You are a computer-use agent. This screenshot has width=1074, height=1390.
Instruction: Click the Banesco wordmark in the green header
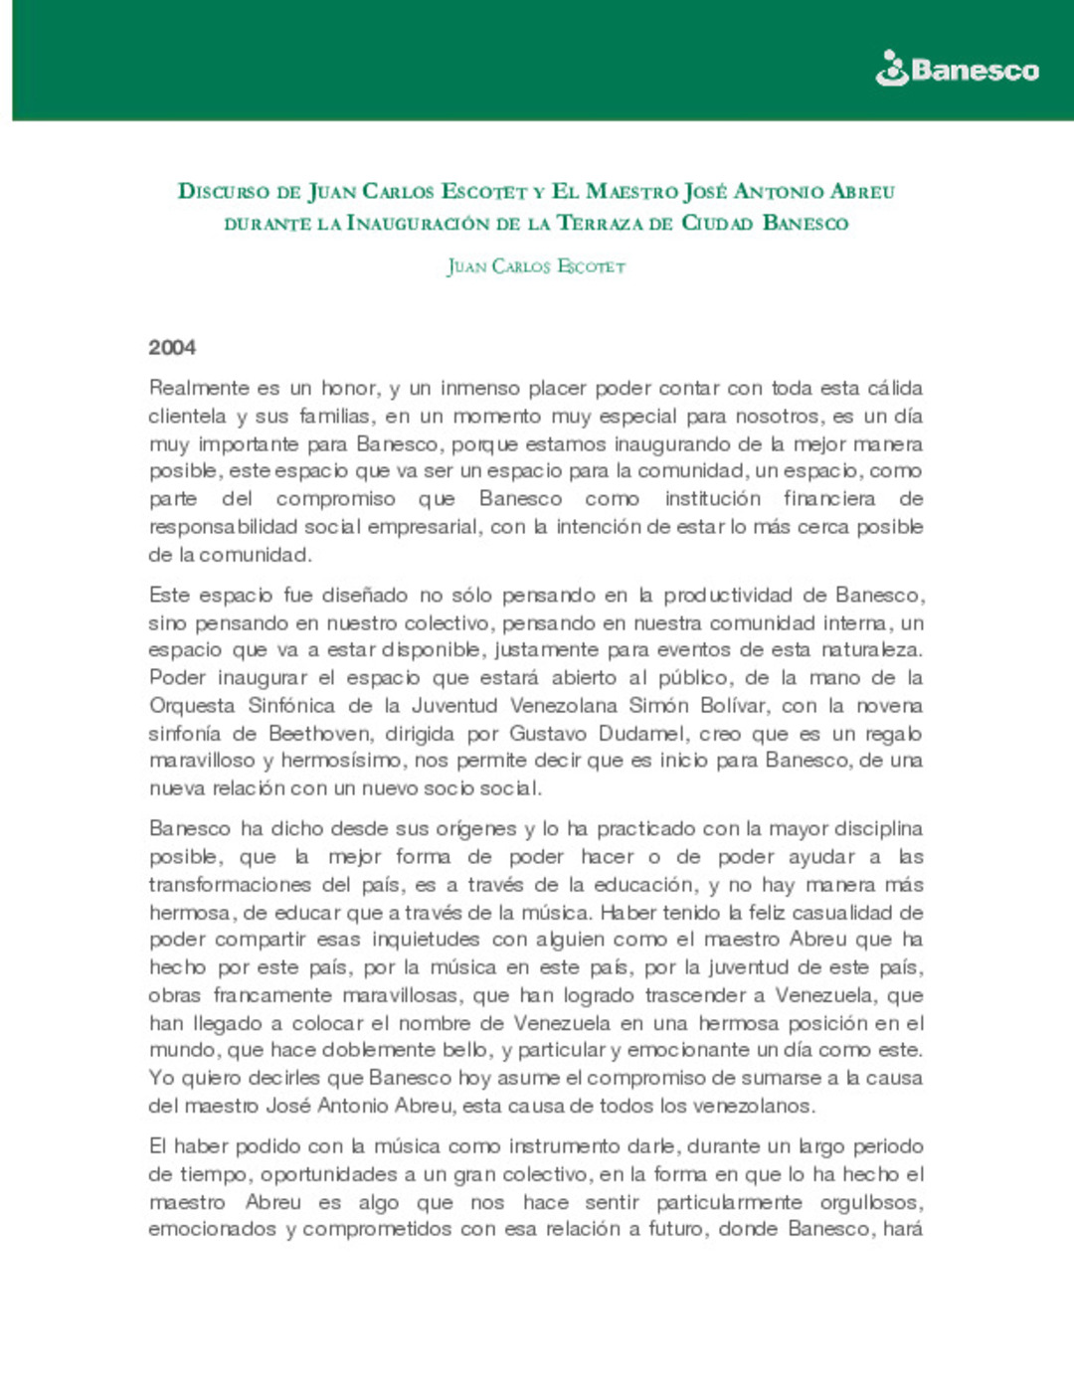tap(975, 71)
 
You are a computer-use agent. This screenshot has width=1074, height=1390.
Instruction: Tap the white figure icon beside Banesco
tap(891, 69)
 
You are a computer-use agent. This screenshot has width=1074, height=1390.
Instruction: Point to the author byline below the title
tap(536, 266)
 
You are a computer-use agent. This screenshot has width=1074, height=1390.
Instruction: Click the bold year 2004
tap(172, 348)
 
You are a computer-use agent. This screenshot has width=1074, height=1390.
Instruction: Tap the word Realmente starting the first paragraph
tap(198, 388)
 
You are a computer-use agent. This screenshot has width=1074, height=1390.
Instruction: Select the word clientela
tap(187, 416)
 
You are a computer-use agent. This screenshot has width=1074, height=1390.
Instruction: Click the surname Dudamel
tap(642, 734)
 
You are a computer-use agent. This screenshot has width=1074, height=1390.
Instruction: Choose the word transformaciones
tap(230, 885)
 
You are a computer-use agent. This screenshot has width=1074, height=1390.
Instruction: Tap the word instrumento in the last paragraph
tap(564, 1146)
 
